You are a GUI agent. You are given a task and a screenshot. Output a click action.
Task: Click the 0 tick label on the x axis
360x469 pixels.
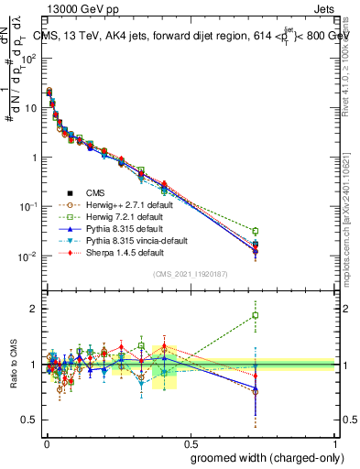pos(46,442)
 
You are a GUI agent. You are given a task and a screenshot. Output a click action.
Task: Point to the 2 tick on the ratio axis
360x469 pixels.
pos(35,309)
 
